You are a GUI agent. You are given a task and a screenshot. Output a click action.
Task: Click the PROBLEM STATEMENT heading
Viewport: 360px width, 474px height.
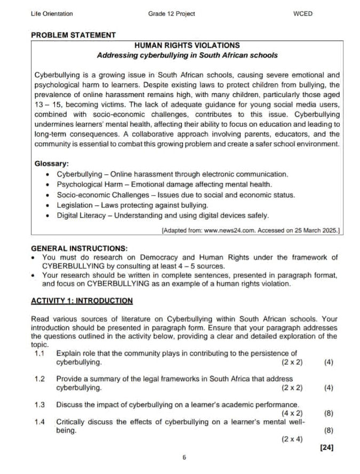73,35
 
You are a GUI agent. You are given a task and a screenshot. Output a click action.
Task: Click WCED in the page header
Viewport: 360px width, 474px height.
303,13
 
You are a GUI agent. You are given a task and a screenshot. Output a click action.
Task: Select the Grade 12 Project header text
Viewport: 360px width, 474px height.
171,13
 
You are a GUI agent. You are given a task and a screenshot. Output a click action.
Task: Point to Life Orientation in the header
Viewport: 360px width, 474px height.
52,13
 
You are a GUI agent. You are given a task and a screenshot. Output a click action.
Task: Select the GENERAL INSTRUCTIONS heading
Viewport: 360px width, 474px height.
79,248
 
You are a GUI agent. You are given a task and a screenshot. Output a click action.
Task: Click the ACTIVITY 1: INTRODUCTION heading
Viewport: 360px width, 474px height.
82,301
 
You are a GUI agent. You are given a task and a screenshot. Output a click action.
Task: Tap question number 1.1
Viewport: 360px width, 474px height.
38,353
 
